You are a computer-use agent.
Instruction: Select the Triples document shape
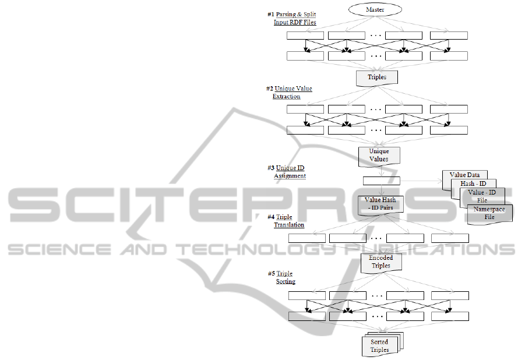pyautogui.click(x=376, y=77)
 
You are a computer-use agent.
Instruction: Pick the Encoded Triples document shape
pyautogui.click(x=380, y=262)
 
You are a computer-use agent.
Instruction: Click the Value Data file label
pyautogui.click(x=464, y=175)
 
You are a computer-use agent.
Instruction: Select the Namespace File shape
pyautogui.click(x=489, y=213)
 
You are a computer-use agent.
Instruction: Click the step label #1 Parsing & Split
pyautogui.click(x=291, y=14)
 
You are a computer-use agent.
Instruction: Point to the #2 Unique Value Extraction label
pyautogui.click(x=289, y=93)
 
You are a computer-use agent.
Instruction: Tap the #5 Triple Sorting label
pyautogui.click(x=281, y=277)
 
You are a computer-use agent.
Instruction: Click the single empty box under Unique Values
pyautogui.click(x=381, y=181)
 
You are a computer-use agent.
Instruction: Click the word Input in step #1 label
pyautogui.click(x=282, y=22)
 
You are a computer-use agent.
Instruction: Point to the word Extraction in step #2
pyautogui.click(x=286, y=96)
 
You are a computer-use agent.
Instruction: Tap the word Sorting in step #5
pyautogui.click(x=286, y=281)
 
